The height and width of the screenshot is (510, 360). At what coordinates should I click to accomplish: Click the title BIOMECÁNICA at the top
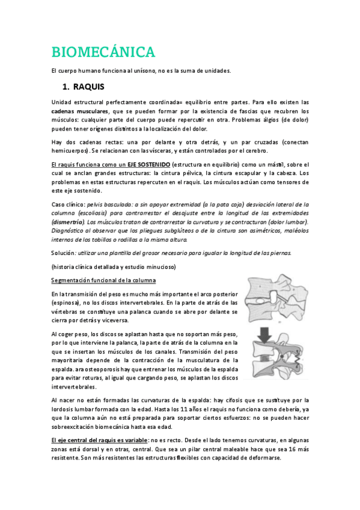(x=103, y=52)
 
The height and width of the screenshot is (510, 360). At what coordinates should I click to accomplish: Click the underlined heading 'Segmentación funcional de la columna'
(x=103, y=281)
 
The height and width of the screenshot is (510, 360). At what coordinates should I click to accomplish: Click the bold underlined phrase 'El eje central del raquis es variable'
(x=99, y=440)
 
